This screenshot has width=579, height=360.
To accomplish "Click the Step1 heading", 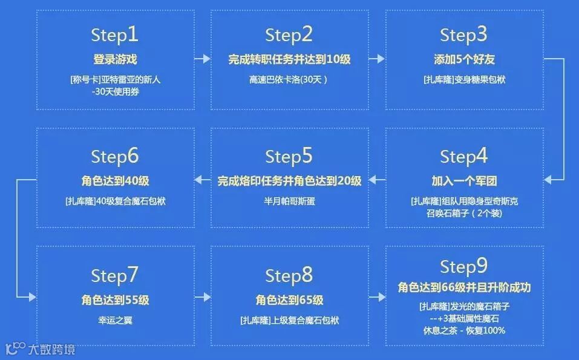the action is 115,35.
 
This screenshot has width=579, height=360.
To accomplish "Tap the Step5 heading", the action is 289,157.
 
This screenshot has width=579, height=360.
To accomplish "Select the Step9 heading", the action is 463,267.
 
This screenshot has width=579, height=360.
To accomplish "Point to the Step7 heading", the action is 115,276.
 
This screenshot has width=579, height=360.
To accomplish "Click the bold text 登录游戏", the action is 115,59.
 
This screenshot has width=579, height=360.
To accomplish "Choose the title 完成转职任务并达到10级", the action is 289,59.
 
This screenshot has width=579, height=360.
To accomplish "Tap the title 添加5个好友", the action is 463,59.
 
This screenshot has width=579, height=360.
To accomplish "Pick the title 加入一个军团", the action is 463,181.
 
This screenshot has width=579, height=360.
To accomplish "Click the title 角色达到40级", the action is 115,181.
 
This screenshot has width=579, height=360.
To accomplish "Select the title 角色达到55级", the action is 115,300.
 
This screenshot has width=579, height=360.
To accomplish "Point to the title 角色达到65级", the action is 289,300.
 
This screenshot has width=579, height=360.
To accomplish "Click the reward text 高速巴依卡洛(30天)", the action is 289,79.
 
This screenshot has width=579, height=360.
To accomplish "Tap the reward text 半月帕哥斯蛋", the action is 289,201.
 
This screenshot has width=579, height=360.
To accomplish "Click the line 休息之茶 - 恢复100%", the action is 463,330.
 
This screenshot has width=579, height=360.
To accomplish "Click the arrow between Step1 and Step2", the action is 202,59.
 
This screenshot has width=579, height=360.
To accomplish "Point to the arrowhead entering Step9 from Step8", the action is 381,298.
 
